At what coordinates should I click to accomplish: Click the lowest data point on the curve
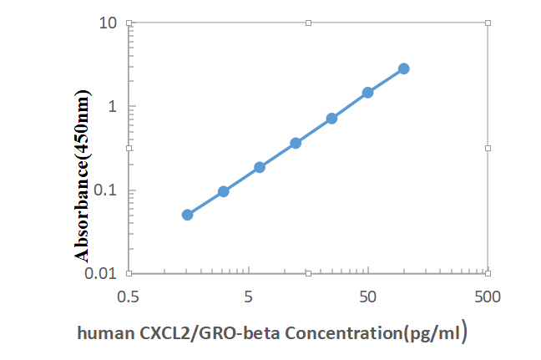[188, 215]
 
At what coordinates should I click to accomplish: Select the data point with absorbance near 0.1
[224, 191]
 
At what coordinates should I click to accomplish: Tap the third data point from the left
[260, 167]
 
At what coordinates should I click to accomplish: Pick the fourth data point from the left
[296, 143]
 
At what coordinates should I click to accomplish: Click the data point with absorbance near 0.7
[331, 119]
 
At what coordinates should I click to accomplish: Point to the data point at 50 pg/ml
[367, 92]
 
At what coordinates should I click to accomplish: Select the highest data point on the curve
[403, 68]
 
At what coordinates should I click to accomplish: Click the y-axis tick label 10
[107, 23]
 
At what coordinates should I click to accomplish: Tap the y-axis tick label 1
[111, 106]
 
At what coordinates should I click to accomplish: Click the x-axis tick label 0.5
[128, 297]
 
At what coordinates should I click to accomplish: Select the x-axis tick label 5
[248, 297]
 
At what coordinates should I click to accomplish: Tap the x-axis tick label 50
[367, 297]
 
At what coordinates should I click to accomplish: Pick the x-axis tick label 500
[487, 297]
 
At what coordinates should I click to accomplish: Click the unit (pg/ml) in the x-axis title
[432, 333]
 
